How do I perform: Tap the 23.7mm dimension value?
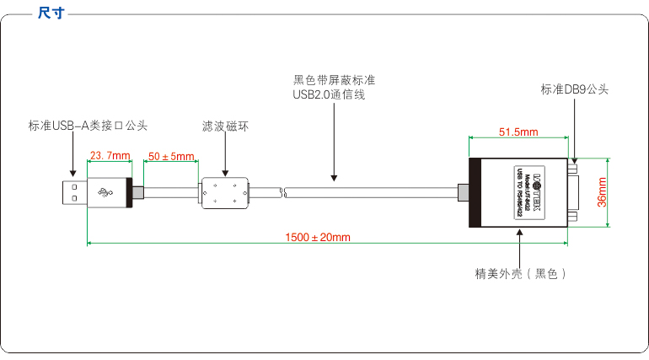[x=110, y=155]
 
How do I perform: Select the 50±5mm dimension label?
[x=171, y=156]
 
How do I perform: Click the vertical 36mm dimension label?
[x=602, y=192]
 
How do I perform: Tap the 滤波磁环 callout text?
[x=225, y=126]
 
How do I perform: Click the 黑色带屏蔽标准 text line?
[x=334, y=80]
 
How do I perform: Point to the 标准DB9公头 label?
[x=574, y=89]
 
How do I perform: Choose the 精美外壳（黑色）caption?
[x=520, y=274]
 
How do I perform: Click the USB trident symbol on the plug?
[x=107, y=193]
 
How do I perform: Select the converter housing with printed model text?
[x=518, y=193]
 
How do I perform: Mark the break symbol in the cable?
[x=285, y=194]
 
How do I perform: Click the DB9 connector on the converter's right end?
[x=573, y=193]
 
